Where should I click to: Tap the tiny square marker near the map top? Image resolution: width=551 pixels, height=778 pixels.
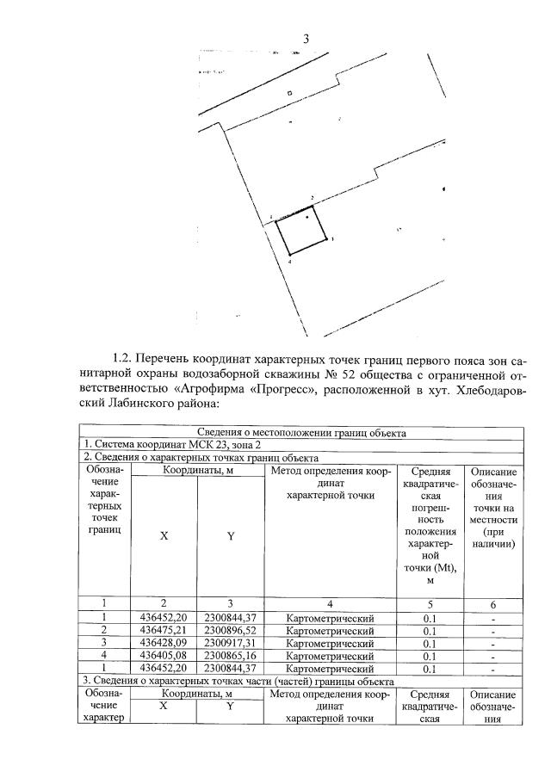289,93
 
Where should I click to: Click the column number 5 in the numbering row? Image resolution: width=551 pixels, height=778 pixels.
430,603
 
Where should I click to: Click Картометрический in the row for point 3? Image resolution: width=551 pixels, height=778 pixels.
330,643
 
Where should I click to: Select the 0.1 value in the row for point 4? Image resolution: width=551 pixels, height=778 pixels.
430,656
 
